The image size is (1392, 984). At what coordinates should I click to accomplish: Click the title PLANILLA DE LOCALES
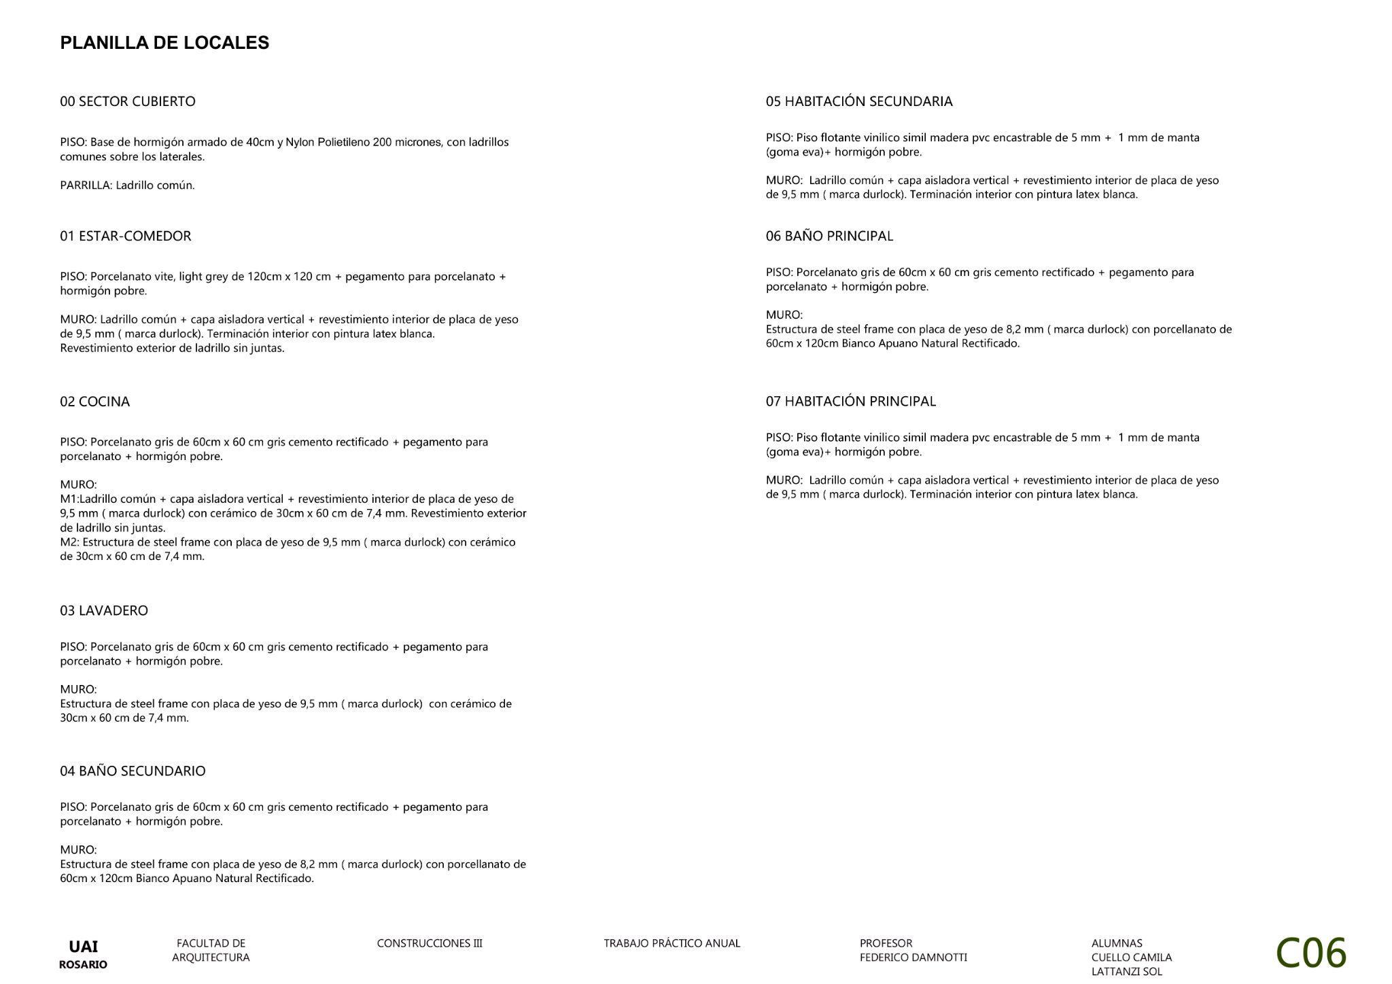(x=164, y=43)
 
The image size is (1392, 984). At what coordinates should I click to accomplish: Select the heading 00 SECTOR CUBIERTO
(x=128, y=101)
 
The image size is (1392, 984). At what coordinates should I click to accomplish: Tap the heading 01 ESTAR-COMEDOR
(x=126, y=236)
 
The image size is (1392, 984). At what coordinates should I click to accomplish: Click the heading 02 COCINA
(x=94, y=401)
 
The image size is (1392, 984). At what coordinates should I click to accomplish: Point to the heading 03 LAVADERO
(x=104, y=610)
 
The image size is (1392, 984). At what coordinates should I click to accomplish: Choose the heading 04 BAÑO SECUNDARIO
(x=133, y=771)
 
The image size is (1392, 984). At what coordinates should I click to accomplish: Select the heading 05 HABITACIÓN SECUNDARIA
(x=859, y=101)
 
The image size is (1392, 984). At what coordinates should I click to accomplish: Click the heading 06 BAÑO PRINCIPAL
(x=829, y=236)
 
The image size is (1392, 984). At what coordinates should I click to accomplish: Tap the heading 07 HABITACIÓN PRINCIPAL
(x=850, y=401)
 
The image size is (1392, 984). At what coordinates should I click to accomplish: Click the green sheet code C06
(x=1310, y=953)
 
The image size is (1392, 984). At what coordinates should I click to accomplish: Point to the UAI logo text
(x=83, y=947)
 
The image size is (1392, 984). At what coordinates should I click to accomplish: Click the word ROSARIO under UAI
(x=83, y=964)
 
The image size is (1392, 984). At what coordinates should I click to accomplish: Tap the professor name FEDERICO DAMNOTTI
(x=913, y=957)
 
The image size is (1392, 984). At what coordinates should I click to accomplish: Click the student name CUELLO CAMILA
(x=1131, y=957)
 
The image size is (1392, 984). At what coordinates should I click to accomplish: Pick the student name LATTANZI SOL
(x=1126, y=972)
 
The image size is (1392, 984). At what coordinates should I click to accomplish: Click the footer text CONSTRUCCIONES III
(x=430, y=943)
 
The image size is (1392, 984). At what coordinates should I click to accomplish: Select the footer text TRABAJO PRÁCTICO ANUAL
(x=672, y=943)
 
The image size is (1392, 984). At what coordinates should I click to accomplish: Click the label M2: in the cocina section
(x=69, y=542)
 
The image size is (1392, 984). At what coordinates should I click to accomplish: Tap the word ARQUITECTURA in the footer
(x=211, y=957)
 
